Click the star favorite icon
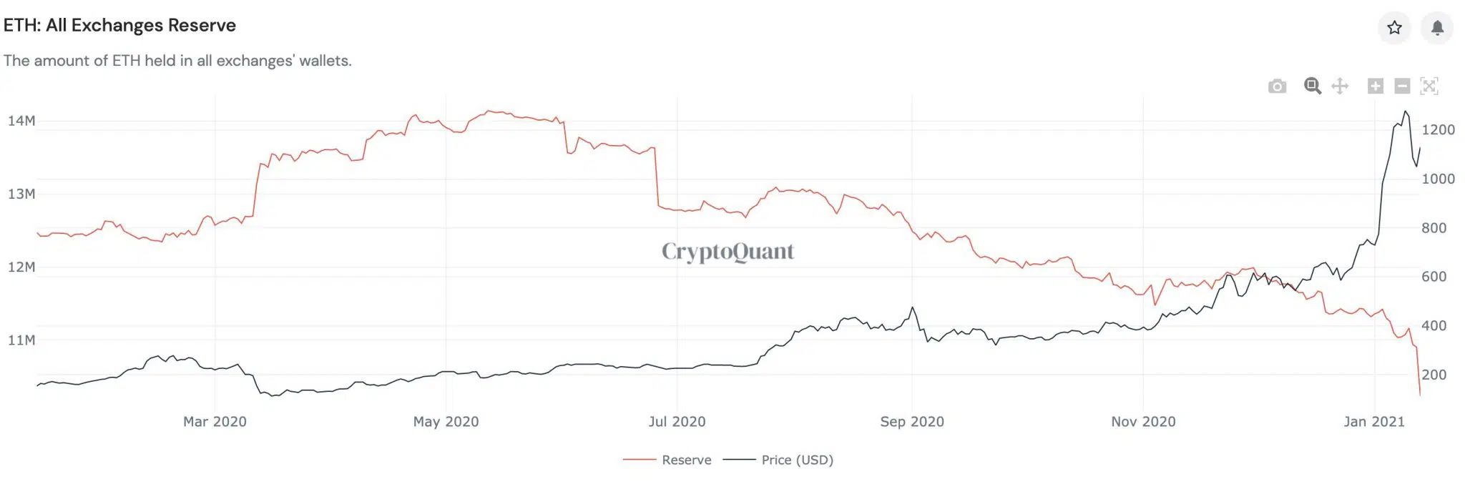pos(1394,28)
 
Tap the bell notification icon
pos(1437,28)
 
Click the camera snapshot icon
pos(1277,87)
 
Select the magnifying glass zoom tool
pos(1312,86)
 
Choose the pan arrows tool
pos(1340,87)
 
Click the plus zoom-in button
pos(1375,87)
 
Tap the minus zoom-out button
pos(1402,87)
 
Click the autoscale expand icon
pos(1429,87)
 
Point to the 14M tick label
pos(21,121)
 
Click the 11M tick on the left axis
pos(21,340)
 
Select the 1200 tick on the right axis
pos(1438,130)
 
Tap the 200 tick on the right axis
pos(1434,375)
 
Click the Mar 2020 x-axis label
pos(215,422)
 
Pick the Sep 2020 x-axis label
pos(912,422)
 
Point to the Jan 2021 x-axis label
pos(1374,422)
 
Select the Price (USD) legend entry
pos(778,460)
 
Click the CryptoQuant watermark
pos(727,252)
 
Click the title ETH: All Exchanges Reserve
pos(119,26)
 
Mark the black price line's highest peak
pos(1406,112)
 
